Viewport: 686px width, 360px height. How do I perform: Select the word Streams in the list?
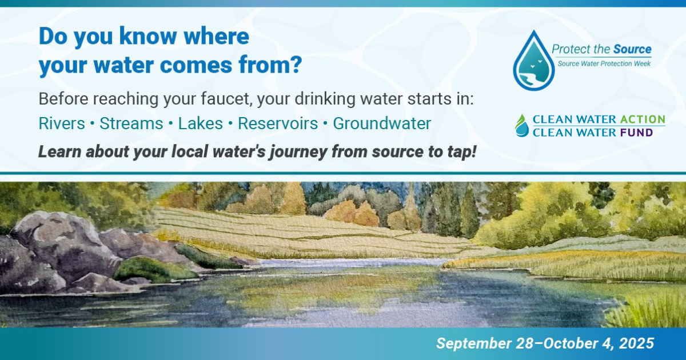pos(131,123)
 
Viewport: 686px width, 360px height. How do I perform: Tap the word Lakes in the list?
pos(200,123)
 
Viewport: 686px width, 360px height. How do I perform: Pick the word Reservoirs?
pos(278,123)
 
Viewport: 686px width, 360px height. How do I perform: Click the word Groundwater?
pos(382,123)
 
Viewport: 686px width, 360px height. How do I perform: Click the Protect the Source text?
pos(601,50)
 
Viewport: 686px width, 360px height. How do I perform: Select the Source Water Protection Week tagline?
pos(604,63)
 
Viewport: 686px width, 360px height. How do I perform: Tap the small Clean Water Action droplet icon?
pos(522,125)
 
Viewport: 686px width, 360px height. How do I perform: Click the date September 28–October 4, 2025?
pos(545,343)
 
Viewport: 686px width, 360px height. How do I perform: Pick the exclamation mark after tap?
pos(474,153)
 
